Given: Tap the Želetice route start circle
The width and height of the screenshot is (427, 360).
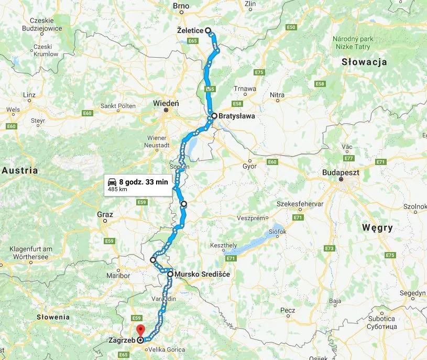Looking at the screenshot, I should pyautogui.click(x=208, y=30).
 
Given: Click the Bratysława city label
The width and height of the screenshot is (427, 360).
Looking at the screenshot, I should pyautogui.click(x=236, y=116).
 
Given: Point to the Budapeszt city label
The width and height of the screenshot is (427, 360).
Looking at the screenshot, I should pyautogui.click(x=340, y=171).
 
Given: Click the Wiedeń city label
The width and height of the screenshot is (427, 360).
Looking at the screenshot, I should pyautogui.click(x=166, y=103).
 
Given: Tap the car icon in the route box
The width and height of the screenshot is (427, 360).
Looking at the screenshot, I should pyautogui.click(x=112, y=182).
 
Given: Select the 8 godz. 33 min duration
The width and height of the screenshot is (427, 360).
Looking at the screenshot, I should pyautogui.click(x=144, y=182).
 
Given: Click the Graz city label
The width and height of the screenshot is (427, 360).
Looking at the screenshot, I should pyautogui.click(x=105, y=214).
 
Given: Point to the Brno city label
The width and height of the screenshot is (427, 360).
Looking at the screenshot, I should pyautogui.click(x=181, y=6).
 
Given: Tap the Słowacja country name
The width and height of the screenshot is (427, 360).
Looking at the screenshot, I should pyautogui.click(x=364, y=62).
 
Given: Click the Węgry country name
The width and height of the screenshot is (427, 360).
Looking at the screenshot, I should pyautogui.click(x=377, y=227).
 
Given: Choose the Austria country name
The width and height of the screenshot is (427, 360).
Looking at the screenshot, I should pyautogui.click(x=20, y=170).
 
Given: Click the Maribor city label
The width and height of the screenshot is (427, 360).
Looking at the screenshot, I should pyautogui.click(x=118, y=275).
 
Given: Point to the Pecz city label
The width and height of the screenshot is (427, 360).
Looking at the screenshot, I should pyautogui.click(x=288, y=310).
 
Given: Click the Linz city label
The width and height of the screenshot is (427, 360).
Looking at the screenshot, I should pyautogui.click(x=30, y=94).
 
